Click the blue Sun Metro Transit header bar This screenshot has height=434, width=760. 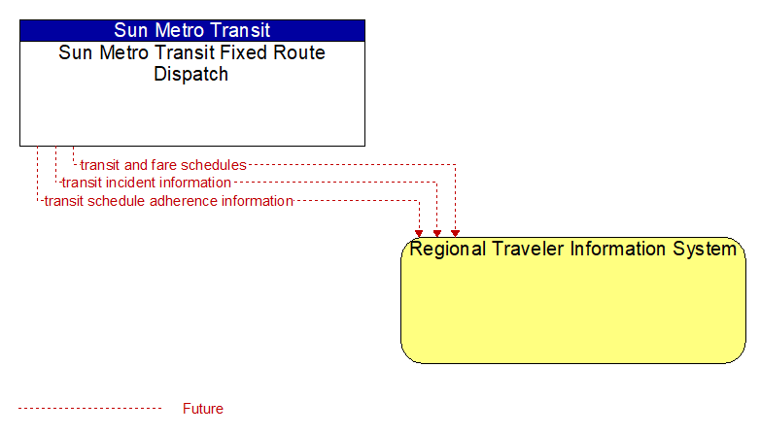click(x=192, y=30)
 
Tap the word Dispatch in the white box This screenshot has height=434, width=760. click(x=190, y=74)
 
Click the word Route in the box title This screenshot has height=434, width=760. click(x=299, y=52)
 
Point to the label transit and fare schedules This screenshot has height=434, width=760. click(x=163, y=165)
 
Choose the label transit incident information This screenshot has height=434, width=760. click(x=147, y=183)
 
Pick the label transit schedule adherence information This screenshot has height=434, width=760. click(x=169, y=201)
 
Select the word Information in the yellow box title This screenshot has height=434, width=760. click(x=618, y=249)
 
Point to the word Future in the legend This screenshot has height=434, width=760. click(x=202, y=409)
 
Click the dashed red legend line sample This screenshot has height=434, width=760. click(x=89, y=409)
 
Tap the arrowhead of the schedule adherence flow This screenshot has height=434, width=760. click(x=419, y=234)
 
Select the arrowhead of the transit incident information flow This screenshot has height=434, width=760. click(x=436, y=234)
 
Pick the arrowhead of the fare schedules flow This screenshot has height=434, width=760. click(x=455, y=234)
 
